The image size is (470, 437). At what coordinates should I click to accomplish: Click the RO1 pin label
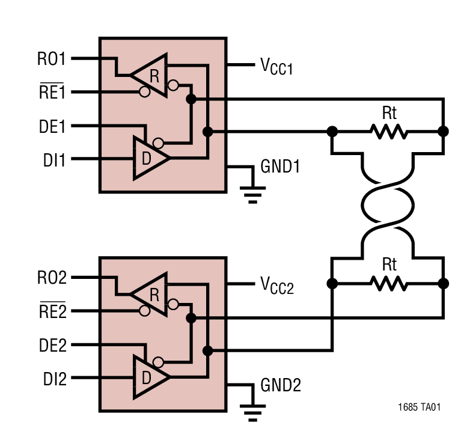pos(51,59)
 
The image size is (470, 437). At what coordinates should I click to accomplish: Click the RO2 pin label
pos(51,278)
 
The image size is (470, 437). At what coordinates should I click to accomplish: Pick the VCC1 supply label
pos(276,67)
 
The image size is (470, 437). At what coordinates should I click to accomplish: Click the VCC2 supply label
pos(276,286)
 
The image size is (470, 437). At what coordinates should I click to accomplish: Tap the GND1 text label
pos(280,167)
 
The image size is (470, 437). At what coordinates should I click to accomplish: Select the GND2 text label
pos(280,385)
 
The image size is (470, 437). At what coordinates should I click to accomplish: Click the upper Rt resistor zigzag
pos(388,131)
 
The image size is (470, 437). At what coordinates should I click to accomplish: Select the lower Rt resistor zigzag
pos(388,283)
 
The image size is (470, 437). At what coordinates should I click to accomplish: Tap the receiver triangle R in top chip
pos(150,75)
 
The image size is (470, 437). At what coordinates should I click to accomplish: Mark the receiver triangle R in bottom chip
pos(150,295)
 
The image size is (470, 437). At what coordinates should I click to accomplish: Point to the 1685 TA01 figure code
pos(419,408)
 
